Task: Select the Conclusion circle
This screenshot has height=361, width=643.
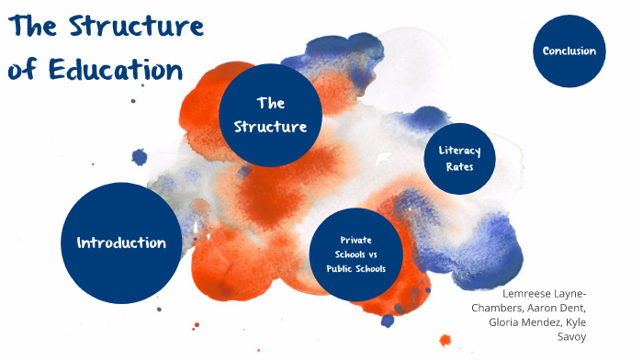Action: tap(569, 51)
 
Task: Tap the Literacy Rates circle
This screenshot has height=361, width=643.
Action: tap(459, 159)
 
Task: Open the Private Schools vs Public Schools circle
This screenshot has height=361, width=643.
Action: tap(355, 254)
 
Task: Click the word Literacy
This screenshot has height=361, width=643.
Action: tap(459, 150)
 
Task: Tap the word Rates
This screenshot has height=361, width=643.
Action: tap(459, 167)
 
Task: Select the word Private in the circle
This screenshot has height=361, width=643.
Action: tap(355, 239)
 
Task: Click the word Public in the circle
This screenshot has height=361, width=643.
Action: tap(339, 268)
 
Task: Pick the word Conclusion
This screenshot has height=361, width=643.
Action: tap(569, 51)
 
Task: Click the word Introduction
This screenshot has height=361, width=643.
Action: tap(121, 243)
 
